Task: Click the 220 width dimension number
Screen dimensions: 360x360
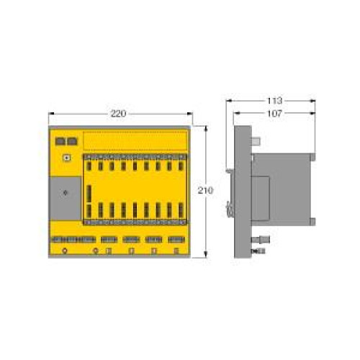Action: pos(119,114)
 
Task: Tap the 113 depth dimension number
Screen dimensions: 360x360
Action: pos(274,100)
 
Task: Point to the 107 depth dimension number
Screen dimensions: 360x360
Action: pos(274,113)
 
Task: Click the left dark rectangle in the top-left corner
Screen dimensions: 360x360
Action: pos(60,141)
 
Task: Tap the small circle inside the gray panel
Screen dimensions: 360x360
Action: pos(66,193)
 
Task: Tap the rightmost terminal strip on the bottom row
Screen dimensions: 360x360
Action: pos(176,239)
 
